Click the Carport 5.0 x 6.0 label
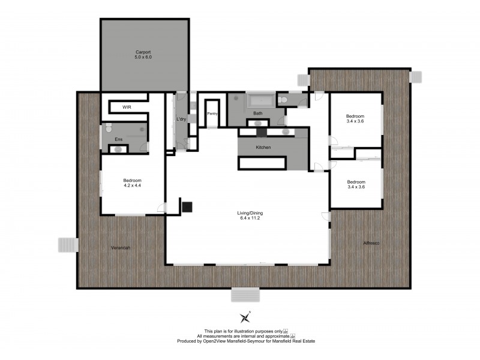tap(144, 55)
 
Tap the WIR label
tap(127, 107)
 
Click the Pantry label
tap(212, 113)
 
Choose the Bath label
tap(258, 113)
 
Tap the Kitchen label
tap(264, 147)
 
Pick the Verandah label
tap(121, 248)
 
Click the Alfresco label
tap(372, 243)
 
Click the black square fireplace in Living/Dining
tap(187, 207)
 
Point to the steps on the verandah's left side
tap(67, 245)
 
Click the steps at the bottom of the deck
tap(246, 295)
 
